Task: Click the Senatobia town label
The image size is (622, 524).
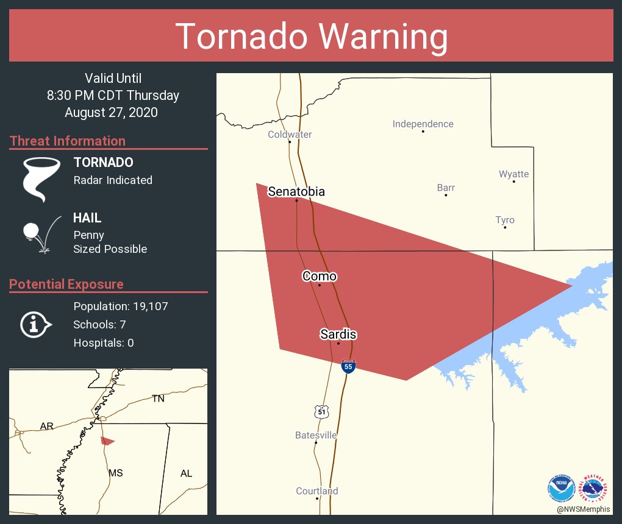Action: pyautogui.click(x=296, y=192)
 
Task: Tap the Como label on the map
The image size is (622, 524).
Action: pyautogui.click(x=320, y=277)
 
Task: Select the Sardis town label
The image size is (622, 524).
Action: pyautogui.click(x=338, y=335)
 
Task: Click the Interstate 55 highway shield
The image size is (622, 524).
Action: pyautogui.click(x=348, y=366)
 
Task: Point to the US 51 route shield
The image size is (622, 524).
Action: pyautogui.click(x=322, y=412)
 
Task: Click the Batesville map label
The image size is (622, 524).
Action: pyautogui.click(x=316, y=436)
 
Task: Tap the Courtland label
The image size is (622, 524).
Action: pyautogui.click(x=316, y=491)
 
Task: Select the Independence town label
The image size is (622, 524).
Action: pyautogui.click(x=423, y=124)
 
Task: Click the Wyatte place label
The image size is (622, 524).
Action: pyautogui.click(x=513, y=174)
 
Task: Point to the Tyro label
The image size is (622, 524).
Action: pyautogui.click(x=504, y=221)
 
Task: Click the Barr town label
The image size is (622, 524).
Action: pyautogui.click(x=446, y=188)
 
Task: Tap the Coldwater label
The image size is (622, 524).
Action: pyautogui.click(x=290, y=135)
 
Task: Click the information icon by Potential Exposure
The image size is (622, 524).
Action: pyautogui.click(x=35, y=324)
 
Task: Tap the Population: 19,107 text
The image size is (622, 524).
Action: pyautogui.click(x=120, y=306)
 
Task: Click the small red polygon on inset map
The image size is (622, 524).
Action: pyautogui.click(x=107, y=441)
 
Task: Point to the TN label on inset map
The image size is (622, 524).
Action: pyautogui.click(x=158, y=399)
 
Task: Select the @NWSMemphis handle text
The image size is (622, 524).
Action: pyautogui.click(x=582, y=509)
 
